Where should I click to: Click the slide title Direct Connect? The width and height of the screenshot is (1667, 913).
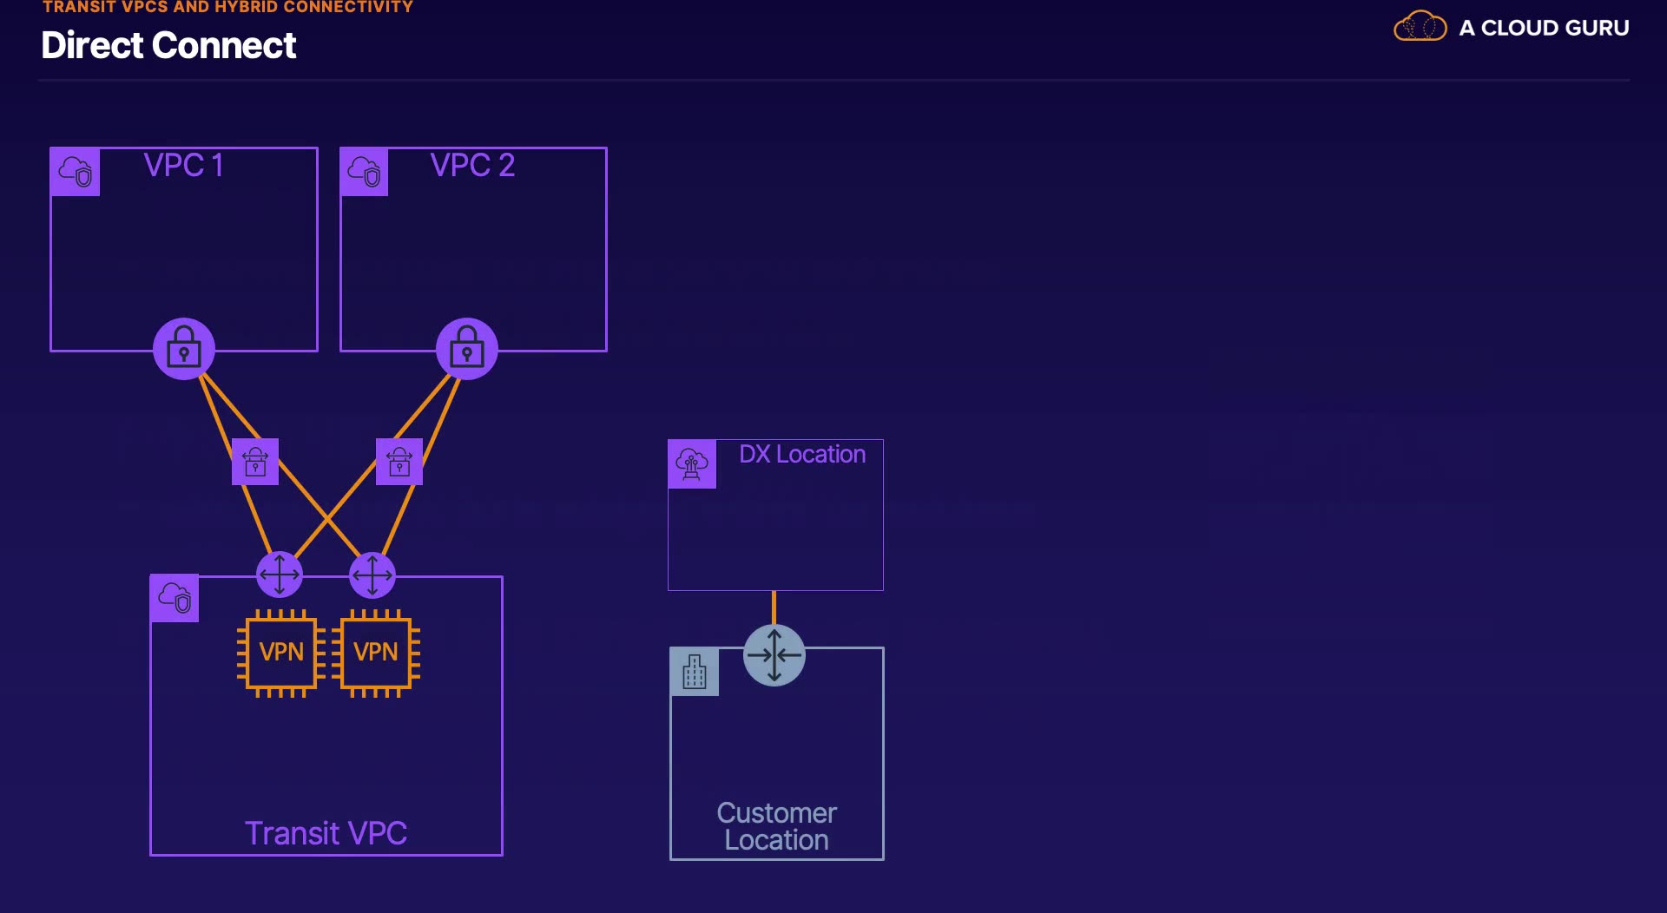coord(168,45)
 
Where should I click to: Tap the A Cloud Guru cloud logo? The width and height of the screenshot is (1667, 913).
coord(1420,26)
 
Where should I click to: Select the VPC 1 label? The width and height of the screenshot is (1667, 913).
coord(184,165)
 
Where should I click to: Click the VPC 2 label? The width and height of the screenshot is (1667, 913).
coord(472,165)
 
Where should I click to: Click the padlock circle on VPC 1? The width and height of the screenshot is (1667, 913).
coord(184,349)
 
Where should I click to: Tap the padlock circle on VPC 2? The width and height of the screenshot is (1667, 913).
coord(467,349)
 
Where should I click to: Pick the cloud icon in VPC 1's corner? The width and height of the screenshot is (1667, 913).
coord(76,172)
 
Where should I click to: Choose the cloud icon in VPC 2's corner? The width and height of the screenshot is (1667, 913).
coord(365,172)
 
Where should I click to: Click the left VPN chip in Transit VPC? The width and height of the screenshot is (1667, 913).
coord(281,653)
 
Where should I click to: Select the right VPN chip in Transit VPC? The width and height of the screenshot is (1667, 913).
coord(376,653)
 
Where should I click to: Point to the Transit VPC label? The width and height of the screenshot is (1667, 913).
coord(326,833)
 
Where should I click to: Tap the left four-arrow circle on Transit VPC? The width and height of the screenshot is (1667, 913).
coord(280,575)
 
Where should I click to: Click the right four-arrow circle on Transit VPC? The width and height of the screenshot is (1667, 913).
coord(372,575)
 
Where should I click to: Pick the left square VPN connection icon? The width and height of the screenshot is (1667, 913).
coord(255,462)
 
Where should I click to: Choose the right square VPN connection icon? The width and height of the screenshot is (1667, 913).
coord(399,462)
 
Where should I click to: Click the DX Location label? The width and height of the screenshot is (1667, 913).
coord(802,454)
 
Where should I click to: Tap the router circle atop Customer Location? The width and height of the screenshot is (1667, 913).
coord(774,655)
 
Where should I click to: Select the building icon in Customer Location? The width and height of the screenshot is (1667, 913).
coord(695,672)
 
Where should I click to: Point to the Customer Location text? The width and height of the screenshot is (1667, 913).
coord(776,826)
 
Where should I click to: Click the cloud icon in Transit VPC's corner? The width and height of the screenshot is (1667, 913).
coord(175,598)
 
